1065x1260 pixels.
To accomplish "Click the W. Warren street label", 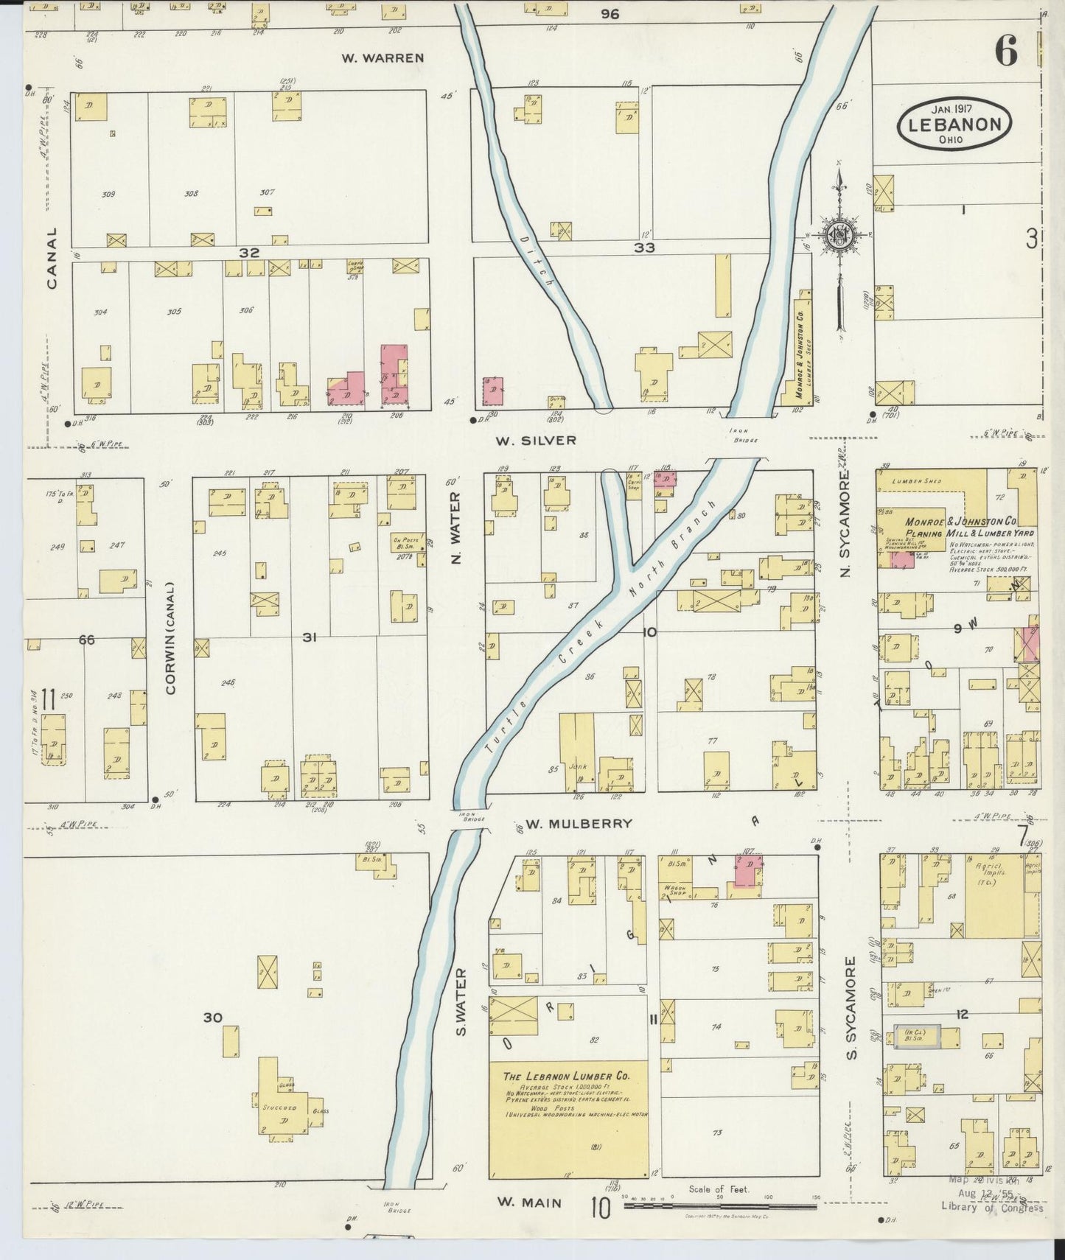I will coord(383,57).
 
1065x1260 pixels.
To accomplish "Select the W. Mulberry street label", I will coord(579,823).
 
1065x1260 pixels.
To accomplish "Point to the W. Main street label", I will coord(528,1202).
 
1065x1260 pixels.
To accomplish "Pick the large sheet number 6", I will coord(1005,52).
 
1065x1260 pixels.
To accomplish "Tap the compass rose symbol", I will coord(839,236).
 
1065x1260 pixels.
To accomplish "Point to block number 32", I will coord(249,253).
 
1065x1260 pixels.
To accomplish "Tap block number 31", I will coord(309,637).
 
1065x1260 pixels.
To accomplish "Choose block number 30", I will coord(212,1018).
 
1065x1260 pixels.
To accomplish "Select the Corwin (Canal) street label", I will coord(170,638).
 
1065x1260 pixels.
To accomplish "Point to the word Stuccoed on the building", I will coord(279,1107).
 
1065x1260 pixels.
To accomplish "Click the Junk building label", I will coord(578,766).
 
